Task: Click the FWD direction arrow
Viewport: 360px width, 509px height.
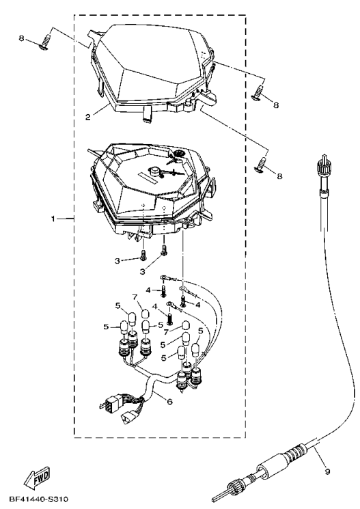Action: [x=38, y=477]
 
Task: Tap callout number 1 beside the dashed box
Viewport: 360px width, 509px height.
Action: [x=53, y=219]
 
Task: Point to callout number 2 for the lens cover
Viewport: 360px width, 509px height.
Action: [x=88, y=118]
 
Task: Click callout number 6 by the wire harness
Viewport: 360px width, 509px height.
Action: [x=169, y=402]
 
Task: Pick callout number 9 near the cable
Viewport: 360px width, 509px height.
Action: [x=327, y=471]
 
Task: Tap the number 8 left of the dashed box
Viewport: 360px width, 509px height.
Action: [x=21, y=38]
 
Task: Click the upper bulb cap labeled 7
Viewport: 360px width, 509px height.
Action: [x=146, y=314]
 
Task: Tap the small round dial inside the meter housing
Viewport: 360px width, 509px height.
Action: [x=178, y=154]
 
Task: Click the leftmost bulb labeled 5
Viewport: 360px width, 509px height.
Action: [x=124, y=326]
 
